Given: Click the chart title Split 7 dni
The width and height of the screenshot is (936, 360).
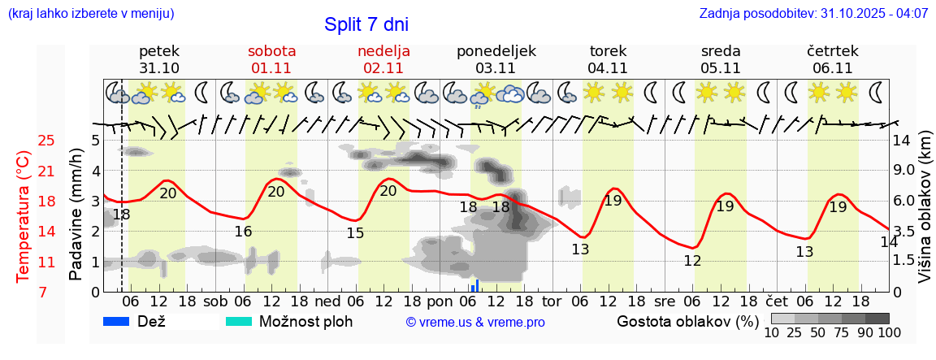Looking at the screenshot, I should [366, 24].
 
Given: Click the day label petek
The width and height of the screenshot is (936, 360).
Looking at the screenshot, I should [159, 51].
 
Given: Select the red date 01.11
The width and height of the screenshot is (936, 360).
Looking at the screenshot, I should [271, 68].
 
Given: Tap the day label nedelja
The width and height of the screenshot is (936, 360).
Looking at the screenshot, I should [383, 51].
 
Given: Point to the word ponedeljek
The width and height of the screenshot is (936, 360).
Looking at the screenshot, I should [496, 51].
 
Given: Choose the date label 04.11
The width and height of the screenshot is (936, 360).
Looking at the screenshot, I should [608, 68].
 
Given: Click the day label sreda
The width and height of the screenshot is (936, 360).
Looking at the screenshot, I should [721, 51].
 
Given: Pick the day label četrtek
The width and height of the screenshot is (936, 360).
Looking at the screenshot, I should [832, 51].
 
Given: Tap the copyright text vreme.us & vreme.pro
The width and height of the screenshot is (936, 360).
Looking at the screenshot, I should [475, 323].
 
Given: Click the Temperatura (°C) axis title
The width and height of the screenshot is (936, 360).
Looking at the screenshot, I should [23, 217].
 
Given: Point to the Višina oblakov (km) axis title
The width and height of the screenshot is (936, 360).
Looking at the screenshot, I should [925, 216].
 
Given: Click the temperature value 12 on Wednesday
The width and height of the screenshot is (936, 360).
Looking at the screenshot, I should [692, 261].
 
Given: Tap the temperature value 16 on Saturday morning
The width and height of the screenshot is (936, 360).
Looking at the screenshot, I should [243, 232].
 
